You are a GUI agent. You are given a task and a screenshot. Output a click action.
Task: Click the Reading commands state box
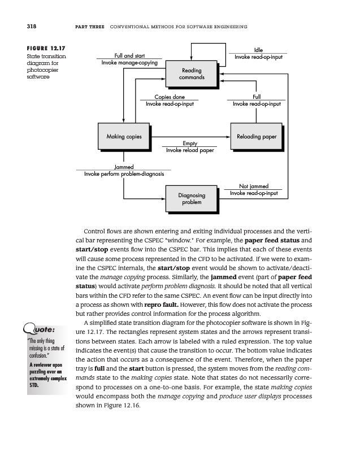point(192,73)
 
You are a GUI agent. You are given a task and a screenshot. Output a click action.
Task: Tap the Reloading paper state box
point(253,137)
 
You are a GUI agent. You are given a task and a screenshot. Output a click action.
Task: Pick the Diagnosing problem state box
point(192,198)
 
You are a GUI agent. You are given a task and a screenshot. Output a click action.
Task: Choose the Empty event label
point(190,144)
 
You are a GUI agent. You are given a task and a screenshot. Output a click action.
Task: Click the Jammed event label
point(124,167)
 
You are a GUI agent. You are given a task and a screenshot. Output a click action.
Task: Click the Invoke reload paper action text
point(190,150)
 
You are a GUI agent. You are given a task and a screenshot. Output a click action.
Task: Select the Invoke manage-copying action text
point(129,63)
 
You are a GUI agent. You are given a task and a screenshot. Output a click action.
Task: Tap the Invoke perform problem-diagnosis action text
point(124,174)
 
